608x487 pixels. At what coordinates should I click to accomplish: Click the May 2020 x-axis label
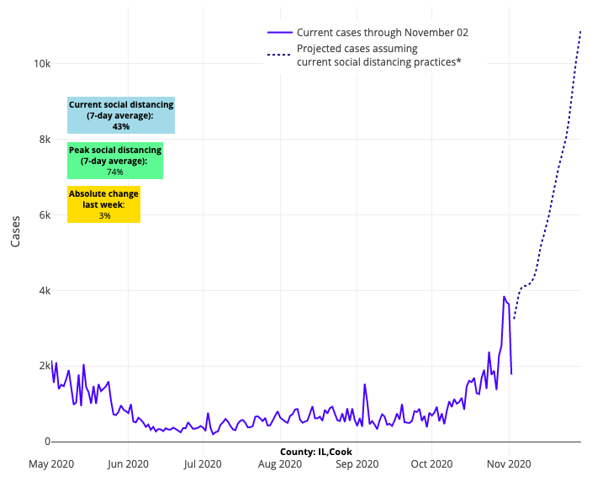tap(52, 463)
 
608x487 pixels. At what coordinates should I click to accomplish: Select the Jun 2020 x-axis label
tap(129, 463)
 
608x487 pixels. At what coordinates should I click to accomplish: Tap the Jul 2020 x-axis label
tap(203, 463)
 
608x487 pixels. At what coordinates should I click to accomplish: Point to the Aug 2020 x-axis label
tap(279, 463)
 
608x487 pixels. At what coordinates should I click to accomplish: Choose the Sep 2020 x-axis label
tap(356, 463)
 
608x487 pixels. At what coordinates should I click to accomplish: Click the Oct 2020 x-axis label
tap(431, 463)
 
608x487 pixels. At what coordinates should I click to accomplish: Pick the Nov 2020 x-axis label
tap(508, 463)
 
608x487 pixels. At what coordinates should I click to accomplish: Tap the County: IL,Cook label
tap(316, 452)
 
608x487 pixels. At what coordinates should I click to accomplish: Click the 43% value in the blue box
tap(121, 126)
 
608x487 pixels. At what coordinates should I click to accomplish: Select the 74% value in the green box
tap(114, 172)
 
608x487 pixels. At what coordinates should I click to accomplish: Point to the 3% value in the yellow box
tap(104, 215)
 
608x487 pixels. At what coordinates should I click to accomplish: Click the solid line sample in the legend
tap(280, 33)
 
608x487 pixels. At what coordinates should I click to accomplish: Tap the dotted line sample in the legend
tap(280, 55)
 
